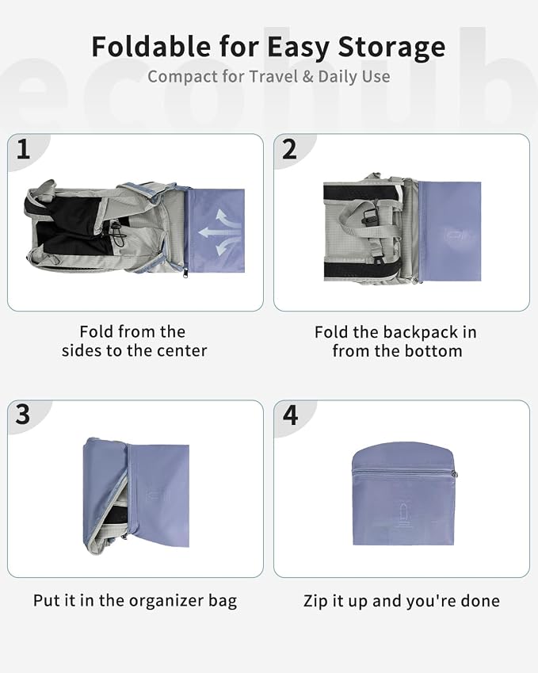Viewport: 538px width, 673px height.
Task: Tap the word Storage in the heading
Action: [x=391, y=48]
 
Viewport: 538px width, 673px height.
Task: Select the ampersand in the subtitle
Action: [x=307, y=77]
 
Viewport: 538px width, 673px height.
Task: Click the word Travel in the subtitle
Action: [x=273, y=76]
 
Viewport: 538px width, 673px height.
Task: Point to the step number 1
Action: [x=23, y=149]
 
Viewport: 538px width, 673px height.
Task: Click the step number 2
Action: [x=289, y=149]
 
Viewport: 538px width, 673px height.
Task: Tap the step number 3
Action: [x=23, y=415]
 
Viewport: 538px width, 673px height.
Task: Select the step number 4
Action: [x=291, y=415]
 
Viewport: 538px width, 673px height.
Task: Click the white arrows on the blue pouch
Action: [x=220, y=232]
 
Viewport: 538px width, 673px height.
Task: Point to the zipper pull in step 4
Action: [x=454, y=474]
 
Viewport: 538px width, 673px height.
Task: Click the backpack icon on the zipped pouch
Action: [x=403, y=515]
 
